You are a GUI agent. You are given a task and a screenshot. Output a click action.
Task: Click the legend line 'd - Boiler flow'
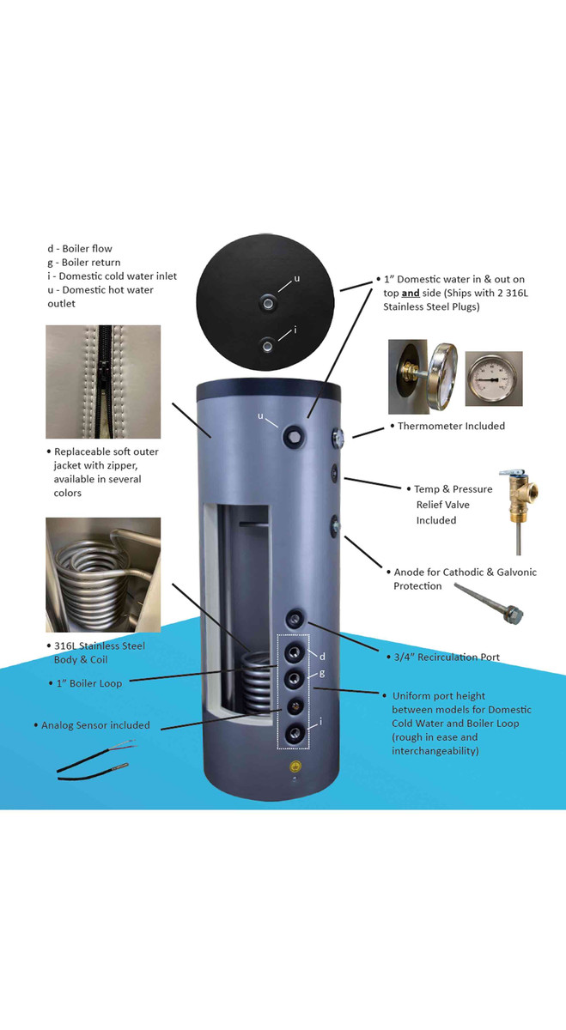(80, 249)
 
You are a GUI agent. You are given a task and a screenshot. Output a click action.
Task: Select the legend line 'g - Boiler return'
(83, 263)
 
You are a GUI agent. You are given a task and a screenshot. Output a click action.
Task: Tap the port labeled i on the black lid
(269, 346)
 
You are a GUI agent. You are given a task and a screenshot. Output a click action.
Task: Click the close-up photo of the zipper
(103, 382)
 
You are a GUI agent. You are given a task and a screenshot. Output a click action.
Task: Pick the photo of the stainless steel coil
(103, 574)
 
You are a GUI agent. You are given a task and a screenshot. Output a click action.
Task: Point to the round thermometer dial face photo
(493, 379)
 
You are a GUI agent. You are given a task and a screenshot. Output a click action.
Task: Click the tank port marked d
(295, 651)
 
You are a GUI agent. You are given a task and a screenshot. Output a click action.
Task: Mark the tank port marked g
(295, 679)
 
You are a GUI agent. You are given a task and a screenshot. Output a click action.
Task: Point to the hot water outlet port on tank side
(295, 436)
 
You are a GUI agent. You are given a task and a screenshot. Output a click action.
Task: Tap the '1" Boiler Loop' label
(89, 683)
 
